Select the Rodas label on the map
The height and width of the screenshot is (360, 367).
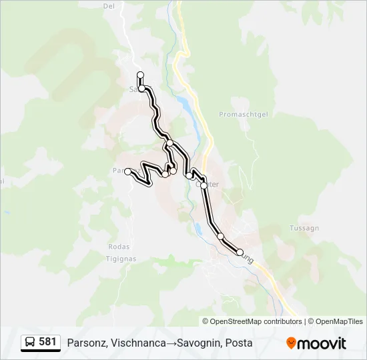118,246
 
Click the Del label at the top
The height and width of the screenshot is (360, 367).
109,6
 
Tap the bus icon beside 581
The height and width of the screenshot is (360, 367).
30,343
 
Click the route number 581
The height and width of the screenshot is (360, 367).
47,342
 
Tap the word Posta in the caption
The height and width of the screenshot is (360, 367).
239,343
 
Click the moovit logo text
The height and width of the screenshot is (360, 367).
322,343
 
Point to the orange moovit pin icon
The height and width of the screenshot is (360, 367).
291,343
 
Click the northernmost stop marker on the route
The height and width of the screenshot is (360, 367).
140,75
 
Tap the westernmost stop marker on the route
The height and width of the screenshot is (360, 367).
127,171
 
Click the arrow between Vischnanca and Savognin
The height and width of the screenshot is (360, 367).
171,343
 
